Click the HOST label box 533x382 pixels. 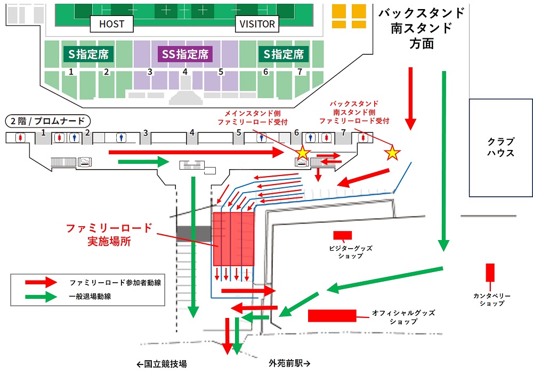pyautogui.click(x=111, y=24)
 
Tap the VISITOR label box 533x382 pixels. pyautogui.click(x=257, y=24)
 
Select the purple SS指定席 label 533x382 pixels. pyautogui.click(x=185, y=54)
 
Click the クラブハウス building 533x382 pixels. pyautogui.click(x=500, y=148)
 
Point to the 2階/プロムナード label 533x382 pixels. pyautogui.click(x=48, y=121)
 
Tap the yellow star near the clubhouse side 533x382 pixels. pyautogui.click(x=392, y=153)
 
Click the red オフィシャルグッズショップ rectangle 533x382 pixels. pyautogui.click(x=332, y=316)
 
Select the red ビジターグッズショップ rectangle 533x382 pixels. pyautogui.click(x=342, y=235)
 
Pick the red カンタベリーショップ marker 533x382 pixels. pyautogui.click(x=490, y=273)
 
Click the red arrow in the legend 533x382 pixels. pyautogui.click(x=41, y=282)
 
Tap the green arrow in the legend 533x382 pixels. pyautogui.click(x=41, y=297)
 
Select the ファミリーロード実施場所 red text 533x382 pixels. pyautogui.click(x=109, y=235)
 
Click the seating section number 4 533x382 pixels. pyautogui.click(x=185, y=72)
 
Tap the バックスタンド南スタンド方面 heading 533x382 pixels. pyautogui.click(x=422, y=28)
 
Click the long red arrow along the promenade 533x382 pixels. pyautogui.click(x=196, y=153)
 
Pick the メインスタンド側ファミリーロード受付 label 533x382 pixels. pyautogui.click(x=252, y=118)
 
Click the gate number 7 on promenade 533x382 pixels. pyautogui.click(x=343, y=132)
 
